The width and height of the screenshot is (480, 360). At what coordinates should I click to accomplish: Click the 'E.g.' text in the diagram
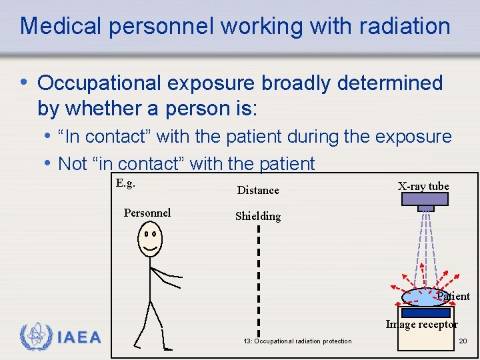tap(125, 183)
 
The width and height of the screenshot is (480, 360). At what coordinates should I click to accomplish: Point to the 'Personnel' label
tap(147, 213)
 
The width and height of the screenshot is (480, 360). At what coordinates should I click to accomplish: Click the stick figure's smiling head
tap(150, 239)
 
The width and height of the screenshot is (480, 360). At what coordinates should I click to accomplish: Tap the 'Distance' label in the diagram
tap(258, 190)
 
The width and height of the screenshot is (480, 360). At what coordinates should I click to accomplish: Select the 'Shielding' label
tap(258, 216)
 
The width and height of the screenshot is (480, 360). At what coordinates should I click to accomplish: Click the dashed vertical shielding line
tap(259, 280)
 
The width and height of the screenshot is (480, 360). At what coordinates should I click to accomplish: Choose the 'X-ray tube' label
tap(423, 186)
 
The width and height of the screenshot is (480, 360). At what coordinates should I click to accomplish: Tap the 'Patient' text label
tap(453, 296)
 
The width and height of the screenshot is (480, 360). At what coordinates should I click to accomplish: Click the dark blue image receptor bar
tap(425, 312)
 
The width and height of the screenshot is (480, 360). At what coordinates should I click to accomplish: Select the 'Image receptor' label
tap(421, 325)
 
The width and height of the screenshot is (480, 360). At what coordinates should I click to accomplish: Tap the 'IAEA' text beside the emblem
tap(79, 337)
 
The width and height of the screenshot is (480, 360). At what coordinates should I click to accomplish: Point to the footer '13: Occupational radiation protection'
tap(297, 341)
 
